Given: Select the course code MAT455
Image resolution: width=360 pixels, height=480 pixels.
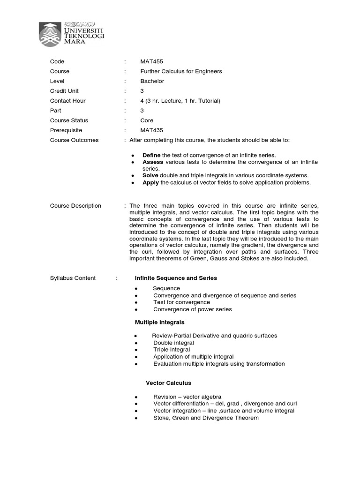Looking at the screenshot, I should coord(151,61).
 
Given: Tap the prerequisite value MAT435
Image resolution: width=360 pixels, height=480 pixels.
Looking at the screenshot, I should coord(151,130).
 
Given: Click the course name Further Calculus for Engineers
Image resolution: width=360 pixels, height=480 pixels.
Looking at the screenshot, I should coord(181,71).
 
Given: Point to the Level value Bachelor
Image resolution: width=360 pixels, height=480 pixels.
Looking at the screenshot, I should coord(152,81).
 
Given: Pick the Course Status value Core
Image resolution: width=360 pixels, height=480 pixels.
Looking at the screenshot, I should coord(147,120).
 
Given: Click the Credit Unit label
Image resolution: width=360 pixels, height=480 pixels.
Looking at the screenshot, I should coord(65,91).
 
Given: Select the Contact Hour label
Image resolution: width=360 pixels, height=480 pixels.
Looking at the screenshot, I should coord(67,101).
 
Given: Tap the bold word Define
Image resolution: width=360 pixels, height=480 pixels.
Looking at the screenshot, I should coord(151,155).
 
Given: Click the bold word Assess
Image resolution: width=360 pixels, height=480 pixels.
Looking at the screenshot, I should coord(153,162).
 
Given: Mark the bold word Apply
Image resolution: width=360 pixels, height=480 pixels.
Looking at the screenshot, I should coord(150,182).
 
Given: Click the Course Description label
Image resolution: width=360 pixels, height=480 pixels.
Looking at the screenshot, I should coord(75,206).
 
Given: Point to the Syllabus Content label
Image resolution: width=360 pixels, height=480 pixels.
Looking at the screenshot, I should coord(73,278).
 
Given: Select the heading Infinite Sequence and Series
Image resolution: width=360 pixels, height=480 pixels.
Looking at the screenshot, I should coord(176,278).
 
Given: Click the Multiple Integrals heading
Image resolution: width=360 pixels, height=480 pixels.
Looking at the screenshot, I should coord(159,322).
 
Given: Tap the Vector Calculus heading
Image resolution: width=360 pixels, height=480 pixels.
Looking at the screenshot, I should coord(168,383).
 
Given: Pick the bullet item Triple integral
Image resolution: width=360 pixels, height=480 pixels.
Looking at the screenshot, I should coord(172,350).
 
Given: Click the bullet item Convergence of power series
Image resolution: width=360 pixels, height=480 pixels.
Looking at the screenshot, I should coord(192,309).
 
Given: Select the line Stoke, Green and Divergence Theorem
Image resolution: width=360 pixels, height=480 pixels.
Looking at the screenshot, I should coord(206,418).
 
